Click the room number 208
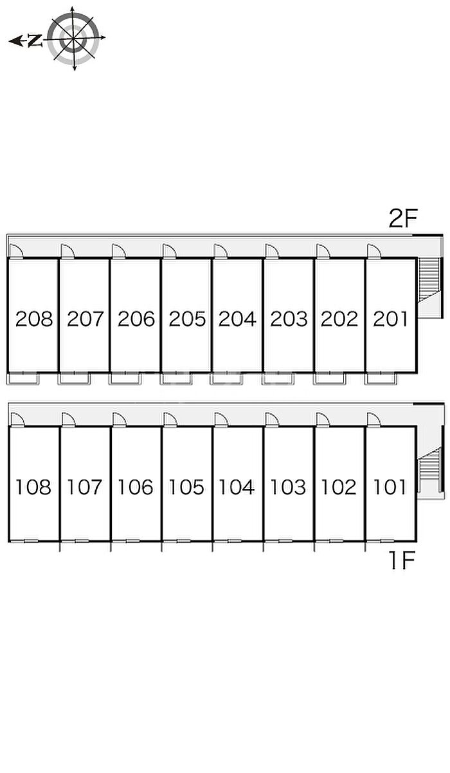point(34,319)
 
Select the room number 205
point(187,319)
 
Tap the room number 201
point(390,319)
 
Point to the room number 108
point(33,487)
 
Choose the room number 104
point(237,487)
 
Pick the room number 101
point(390,487)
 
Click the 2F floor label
point(403,218)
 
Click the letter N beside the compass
point(35,41)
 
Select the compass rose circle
point(73,39)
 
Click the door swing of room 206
point(119,251)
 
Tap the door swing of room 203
point(272,251)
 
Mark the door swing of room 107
point(69,419)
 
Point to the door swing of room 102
point(323,419)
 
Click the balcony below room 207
point(74,378)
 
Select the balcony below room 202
point(329,378)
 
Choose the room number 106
point(136,487)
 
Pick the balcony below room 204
point(227,378)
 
